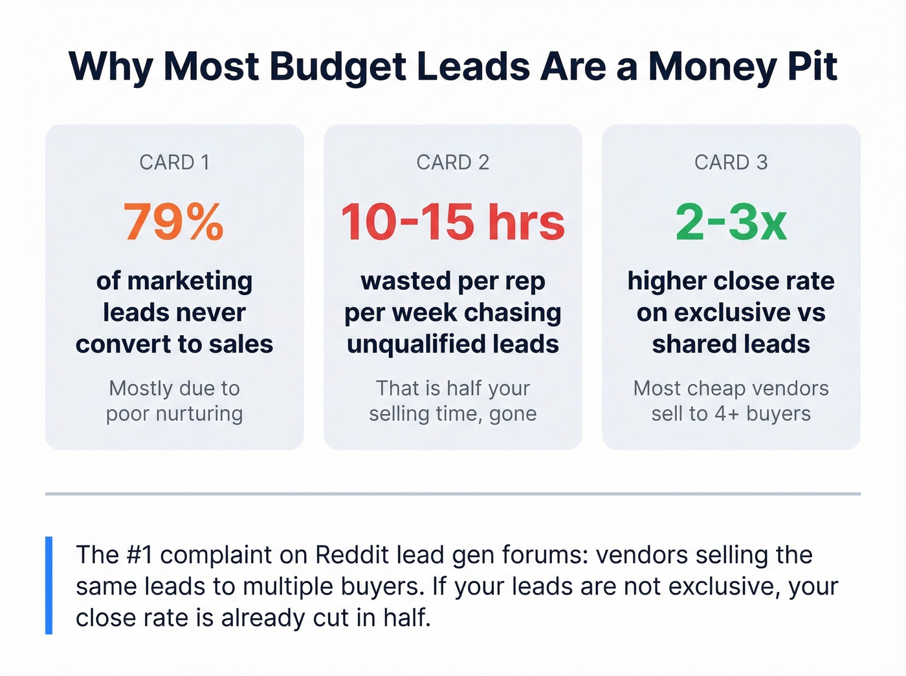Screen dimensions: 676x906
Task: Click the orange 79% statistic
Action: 173,223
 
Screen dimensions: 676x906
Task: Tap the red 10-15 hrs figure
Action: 452,223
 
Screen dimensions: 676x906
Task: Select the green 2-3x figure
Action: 731,223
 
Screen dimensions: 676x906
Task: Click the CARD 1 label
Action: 174,162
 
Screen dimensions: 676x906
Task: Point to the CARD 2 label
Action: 452,162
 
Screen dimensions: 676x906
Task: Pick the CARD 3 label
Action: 731,162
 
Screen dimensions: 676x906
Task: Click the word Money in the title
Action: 712,67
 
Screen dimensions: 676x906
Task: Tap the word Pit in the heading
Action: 812,67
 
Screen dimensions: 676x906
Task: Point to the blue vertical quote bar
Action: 49,585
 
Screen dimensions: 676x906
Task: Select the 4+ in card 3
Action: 727,414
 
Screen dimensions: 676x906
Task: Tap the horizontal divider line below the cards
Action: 452,494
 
